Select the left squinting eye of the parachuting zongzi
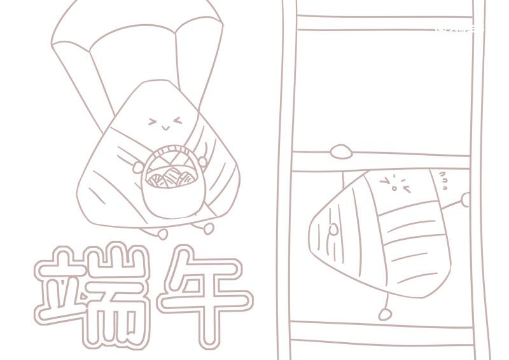coord(153,121)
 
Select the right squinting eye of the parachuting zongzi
coord(176,120)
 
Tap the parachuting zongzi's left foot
coord(163,233)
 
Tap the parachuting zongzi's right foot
coord(207,226)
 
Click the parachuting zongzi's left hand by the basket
coord(139,167)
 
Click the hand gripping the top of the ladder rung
coord(341,151)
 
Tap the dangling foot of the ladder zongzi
coord(384,314)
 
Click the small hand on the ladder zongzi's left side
coord(333,230)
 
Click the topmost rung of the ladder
coord(384,23)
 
